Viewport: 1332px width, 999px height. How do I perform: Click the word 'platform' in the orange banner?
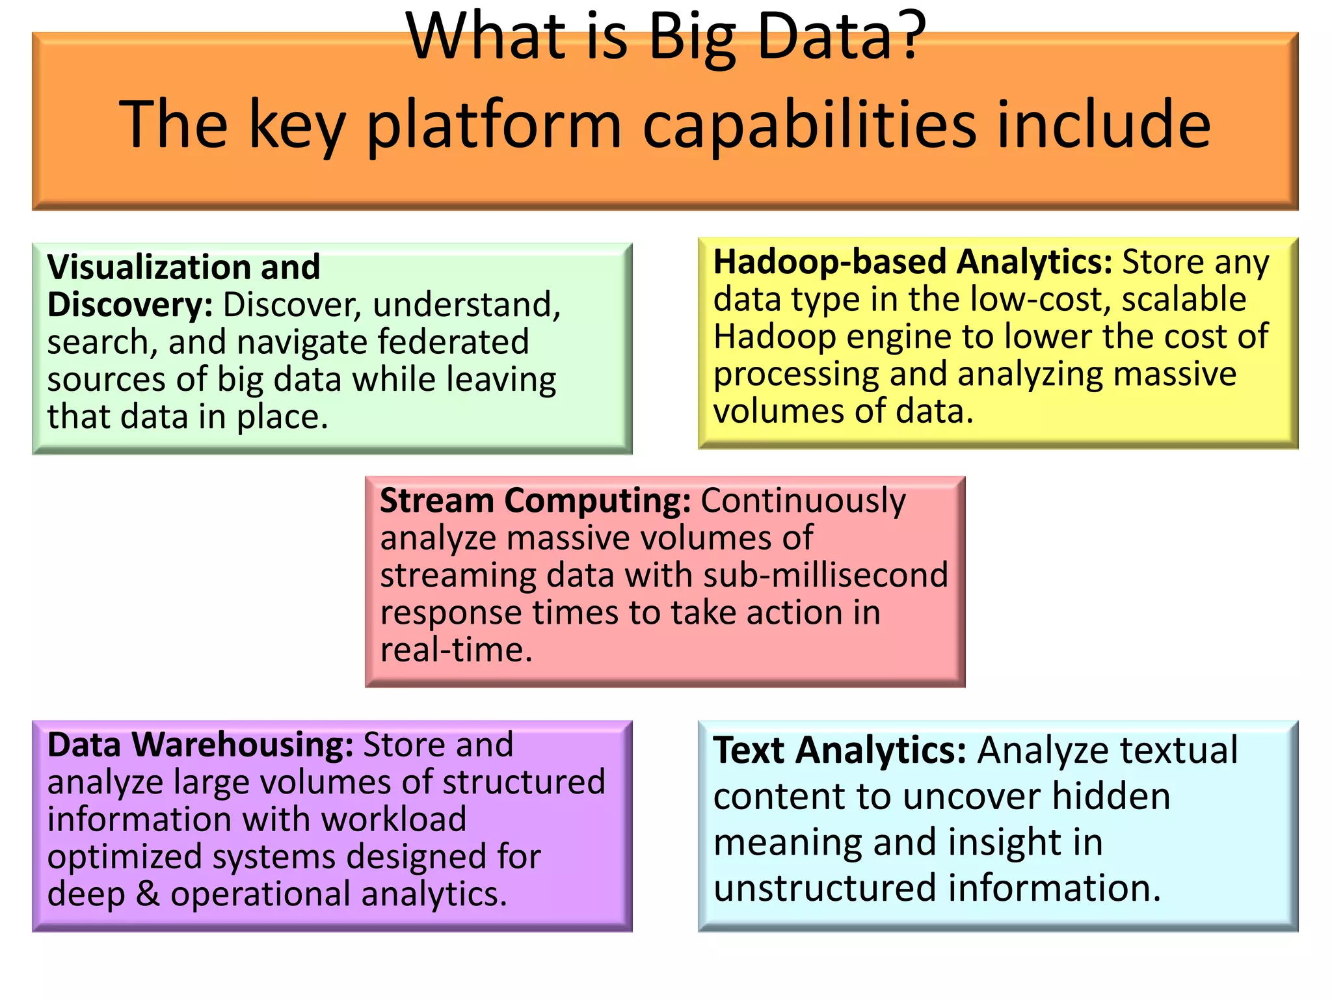(494, 125)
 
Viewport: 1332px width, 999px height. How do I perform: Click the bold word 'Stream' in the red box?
(437, 501)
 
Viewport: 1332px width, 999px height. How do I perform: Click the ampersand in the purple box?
(148, 894)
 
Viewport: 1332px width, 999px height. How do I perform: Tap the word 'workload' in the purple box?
(393, 819)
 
